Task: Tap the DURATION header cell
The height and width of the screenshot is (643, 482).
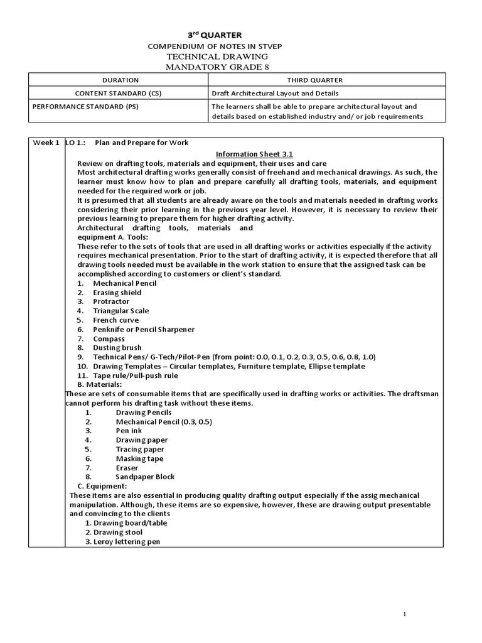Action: [118, 80]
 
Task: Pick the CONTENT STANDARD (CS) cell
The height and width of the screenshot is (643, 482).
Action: [118, 93]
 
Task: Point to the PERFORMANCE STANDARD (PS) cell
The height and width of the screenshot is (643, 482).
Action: [84, 106]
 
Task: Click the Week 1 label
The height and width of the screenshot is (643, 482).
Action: [46, 143]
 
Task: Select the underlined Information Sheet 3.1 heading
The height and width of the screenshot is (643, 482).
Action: [254, 154]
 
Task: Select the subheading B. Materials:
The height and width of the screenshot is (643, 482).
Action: [100, 384]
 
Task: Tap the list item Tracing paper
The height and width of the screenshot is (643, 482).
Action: [140, 450]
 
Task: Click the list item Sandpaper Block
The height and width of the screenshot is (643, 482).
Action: [145, 477]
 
